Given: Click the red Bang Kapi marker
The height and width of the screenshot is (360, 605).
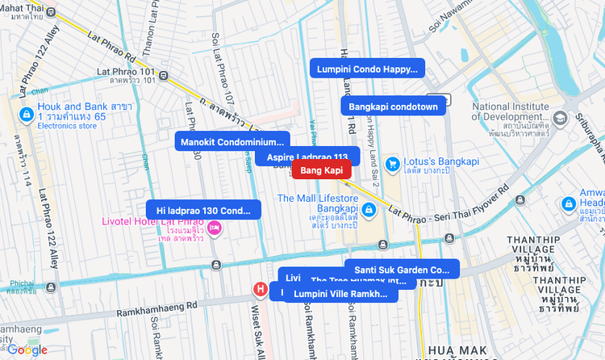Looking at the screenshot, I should tap(321, 170).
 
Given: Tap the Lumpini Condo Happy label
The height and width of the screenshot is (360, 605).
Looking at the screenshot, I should tap(367, 69).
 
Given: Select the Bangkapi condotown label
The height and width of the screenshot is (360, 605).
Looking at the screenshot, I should tap(393, 107).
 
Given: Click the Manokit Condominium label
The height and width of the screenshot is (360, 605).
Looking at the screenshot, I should tap(232, 142).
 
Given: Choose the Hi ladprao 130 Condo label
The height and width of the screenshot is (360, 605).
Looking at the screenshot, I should tap(203, 211).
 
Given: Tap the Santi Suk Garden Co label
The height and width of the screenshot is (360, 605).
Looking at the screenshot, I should tap(402, 270).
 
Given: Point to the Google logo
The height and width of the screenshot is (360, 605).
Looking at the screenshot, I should tap(27, 350).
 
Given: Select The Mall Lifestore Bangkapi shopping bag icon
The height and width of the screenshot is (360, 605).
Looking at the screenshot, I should tap(369, 210).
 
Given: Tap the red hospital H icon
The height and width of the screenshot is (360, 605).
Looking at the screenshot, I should tap(261, 289).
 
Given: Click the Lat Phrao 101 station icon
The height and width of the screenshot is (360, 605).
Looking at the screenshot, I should tap(164, 77).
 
